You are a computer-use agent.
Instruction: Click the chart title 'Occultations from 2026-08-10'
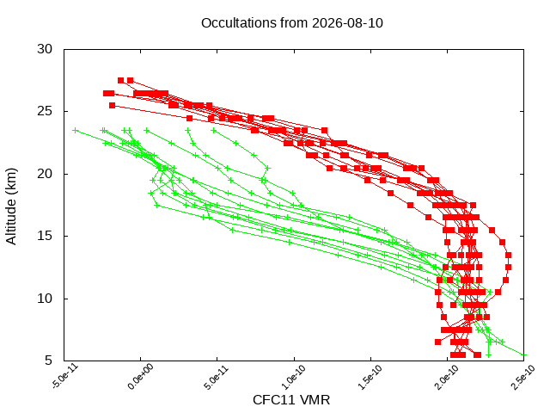pyautogui.click(x=292, y=23)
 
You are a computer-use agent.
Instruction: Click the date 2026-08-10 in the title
pyautogui.click(x=347, y=23)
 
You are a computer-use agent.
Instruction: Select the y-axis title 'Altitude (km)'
pyautogui.click(x=11, y=206)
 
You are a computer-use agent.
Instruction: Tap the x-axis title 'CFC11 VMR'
pyautogui.click(x=291, y=400)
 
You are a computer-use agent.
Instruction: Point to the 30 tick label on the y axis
pyautogui.click(x=45, y=49)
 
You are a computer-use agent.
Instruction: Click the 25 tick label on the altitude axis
pyautogui.click(x=45, y=111)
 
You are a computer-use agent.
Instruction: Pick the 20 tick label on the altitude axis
pyautogui.click(x=45, y=174)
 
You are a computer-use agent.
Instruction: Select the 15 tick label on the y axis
pyautogui.click(x=45, y=236)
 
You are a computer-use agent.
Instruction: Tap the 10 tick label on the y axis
pyautogui.click(x=45, y=299)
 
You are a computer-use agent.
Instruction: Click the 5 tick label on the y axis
pyautogui.click(x=48, y=361)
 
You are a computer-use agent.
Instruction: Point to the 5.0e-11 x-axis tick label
pyautogui.click(x=217, y=377)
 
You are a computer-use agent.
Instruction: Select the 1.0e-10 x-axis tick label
pyautogui.click(x=293, y=377)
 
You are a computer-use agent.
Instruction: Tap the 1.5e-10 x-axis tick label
pyautogui.click(x=370, y=377)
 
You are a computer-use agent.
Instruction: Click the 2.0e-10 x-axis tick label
pyautogui.click(x=446, y=377)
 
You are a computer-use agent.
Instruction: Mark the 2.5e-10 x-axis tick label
pyautogui.click(x=523, y=377)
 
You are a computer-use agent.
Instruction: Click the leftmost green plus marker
pyautogui.click(x=75, y=131)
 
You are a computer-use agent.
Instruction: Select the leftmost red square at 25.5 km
pyautogui.click(x=113, y=105)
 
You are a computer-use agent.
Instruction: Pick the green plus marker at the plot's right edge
pyautogui.click(x=523, y=355)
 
